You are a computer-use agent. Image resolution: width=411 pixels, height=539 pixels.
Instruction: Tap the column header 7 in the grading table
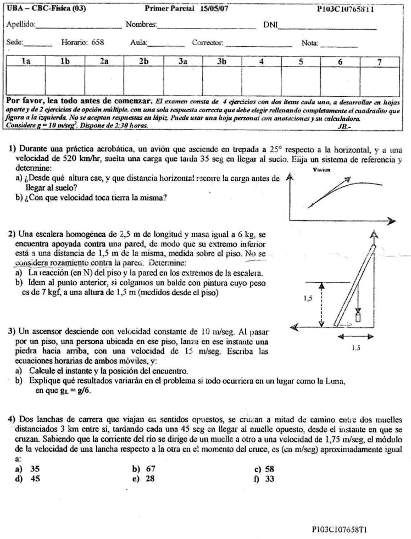click(379, 62)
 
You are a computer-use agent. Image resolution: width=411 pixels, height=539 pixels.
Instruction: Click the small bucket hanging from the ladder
click(358, 317)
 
